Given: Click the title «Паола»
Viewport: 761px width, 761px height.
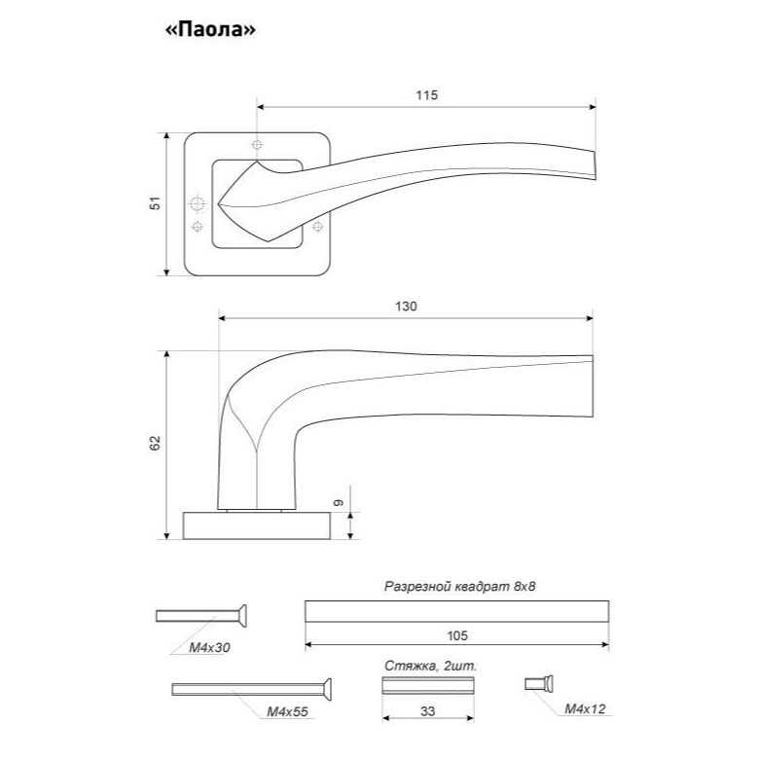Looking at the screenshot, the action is [x=210, y=30].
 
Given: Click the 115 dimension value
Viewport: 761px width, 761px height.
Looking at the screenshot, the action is [x=426, y=95].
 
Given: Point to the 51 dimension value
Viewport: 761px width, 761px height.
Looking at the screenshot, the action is [x=155, y=202].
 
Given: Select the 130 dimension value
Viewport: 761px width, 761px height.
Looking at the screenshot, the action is [x=406, y=307].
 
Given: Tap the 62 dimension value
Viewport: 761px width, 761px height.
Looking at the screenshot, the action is [x=155, y=443].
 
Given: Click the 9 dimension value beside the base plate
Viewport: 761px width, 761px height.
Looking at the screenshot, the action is [x=339, y=502].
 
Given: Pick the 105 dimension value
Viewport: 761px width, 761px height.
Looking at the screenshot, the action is [x=456, y=635].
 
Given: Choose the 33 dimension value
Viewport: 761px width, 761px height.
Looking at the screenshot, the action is [x=427, y=711].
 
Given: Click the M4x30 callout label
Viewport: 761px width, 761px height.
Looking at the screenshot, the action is [x=209, y=647].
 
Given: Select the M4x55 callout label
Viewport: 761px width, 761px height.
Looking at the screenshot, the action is [x=287, y=711].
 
